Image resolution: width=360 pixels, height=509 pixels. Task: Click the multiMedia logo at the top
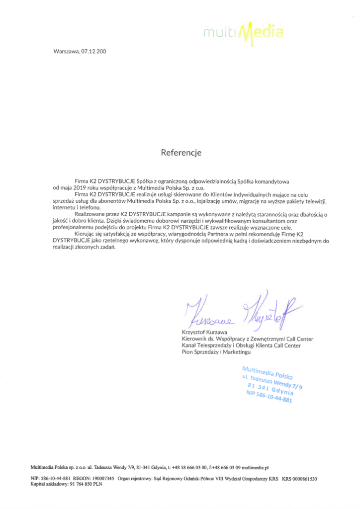tap(244, 33)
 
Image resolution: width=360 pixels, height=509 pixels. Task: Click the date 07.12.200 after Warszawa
tap(94, 51)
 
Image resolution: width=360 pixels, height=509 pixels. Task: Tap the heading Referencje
tap(180, 153)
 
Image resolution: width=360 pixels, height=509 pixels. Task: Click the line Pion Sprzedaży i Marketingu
tap(216, 352)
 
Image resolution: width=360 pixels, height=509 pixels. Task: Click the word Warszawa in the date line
tap(66, 51)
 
